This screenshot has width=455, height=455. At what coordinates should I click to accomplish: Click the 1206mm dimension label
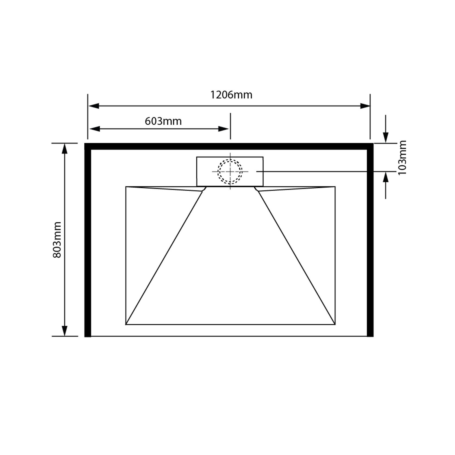pos(231,95)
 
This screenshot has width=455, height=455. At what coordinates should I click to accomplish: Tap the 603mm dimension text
pos(163,121)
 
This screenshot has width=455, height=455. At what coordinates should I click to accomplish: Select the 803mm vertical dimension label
pos(57,240)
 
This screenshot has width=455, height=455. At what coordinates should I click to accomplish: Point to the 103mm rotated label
pos(402,158)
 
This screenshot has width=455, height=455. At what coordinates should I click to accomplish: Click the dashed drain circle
pos(230,172)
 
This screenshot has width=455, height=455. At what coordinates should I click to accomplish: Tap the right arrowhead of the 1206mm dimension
pos(365,106)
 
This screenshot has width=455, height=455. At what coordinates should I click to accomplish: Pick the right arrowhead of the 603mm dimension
pos(224,129)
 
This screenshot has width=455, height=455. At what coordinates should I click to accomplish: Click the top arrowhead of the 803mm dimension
pos(65,149)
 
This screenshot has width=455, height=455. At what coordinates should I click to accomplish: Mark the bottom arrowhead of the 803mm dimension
pos(65,331)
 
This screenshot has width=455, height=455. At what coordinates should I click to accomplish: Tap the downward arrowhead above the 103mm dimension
pos(386,137)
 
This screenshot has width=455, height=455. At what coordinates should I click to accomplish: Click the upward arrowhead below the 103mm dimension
pos(386,178)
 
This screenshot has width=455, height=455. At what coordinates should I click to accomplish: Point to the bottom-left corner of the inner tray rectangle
pos(126,324)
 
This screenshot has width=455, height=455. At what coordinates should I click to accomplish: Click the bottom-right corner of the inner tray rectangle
pos(335,324)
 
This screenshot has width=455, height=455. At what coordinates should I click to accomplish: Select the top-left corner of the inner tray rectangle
pos(126,187)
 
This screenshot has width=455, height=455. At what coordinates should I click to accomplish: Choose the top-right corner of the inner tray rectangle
pos(335,187)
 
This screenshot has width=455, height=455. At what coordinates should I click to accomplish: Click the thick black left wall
pos(88,242)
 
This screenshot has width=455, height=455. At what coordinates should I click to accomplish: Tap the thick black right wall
pos(370,242)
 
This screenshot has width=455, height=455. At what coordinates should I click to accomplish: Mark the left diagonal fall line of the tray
pos(164,258)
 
